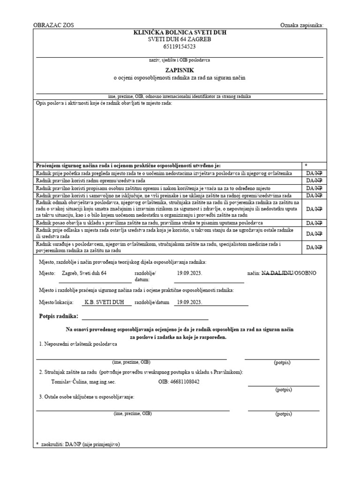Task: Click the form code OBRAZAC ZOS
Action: (53, 25)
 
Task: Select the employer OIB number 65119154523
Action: (180, 46)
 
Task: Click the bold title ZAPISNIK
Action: (180, 69)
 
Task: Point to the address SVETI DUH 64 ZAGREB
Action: (180, 39)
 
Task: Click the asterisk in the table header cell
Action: (306, 165)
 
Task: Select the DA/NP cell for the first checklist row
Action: (314, 173)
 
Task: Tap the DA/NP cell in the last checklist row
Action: (314, 247)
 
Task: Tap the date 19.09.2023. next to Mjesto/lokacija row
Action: (189, 302)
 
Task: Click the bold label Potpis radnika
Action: (59, 317)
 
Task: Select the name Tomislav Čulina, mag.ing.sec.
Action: (83, 382)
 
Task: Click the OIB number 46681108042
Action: (179, 382)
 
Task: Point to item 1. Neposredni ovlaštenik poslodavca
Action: (78, 344)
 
